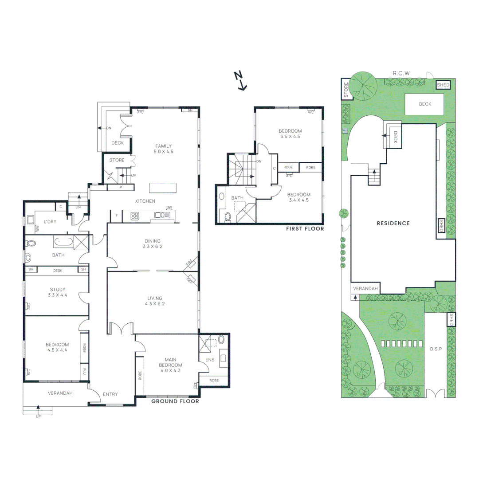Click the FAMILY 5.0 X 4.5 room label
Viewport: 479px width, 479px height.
(x=163, y=149)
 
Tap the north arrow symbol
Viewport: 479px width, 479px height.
(x=241, y=81)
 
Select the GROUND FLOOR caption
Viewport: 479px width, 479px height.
(x=175, y=401)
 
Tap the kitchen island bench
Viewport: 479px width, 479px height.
(x=163, y=188)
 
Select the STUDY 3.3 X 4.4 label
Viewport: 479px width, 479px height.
(x=57, y=293)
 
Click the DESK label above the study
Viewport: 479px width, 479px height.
(x=58, y=270)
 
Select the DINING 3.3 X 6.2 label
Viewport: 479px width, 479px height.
(x=152, y=243)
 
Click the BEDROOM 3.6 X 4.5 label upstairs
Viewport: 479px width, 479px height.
(x=290, y=133)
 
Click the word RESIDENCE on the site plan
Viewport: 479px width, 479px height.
(x=393, y=223)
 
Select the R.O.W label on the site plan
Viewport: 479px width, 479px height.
(x=401, y=73)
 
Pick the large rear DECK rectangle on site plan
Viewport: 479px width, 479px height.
(x=424, y=104)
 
